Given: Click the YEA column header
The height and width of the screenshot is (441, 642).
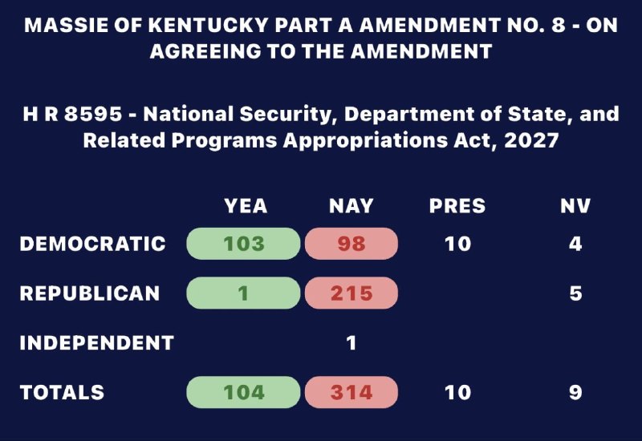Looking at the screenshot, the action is (x=246, y=206).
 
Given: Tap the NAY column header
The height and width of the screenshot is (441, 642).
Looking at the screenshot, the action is (x=351, y=206).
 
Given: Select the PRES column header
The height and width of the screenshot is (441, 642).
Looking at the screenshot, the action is (x=457, y=206).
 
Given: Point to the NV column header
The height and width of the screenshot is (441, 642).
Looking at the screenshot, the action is (x=575, y=206).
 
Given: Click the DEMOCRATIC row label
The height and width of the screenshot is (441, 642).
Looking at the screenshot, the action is (x=92, y=244).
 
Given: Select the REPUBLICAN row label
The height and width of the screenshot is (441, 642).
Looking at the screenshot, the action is (x=90, y=293).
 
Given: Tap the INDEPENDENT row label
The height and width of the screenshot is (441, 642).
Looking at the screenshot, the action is (x=97, y=343).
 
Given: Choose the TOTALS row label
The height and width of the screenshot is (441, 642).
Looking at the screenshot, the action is (x=62, y=392).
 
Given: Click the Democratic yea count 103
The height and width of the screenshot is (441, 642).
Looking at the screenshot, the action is (x=244, y=244).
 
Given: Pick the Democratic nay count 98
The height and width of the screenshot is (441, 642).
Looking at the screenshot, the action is (x=351, y=244).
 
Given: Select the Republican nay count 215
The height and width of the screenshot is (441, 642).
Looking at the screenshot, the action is (x=351, y=293).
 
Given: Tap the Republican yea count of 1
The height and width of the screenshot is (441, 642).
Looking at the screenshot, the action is (x=244, y=293).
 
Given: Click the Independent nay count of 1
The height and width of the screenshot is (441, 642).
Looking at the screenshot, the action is (x=351, y=343).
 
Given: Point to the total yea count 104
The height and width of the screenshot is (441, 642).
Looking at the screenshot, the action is (x=244, y=392).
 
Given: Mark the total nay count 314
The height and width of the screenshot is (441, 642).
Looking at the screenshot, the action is (x=351, y=392).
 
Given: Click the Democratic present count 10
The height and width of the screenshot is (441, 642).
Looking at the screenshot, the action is (x=457, y=244).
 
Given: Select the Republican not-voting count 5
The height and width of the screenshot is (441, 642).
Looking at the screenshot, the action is (x=575, y=293).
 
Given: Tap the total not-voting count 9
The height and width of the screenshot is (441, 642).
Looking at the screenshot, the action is (x=575, y=392).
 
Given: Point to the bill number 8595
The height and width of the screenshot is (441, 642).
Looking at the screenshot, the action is (x=93, y=114).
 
